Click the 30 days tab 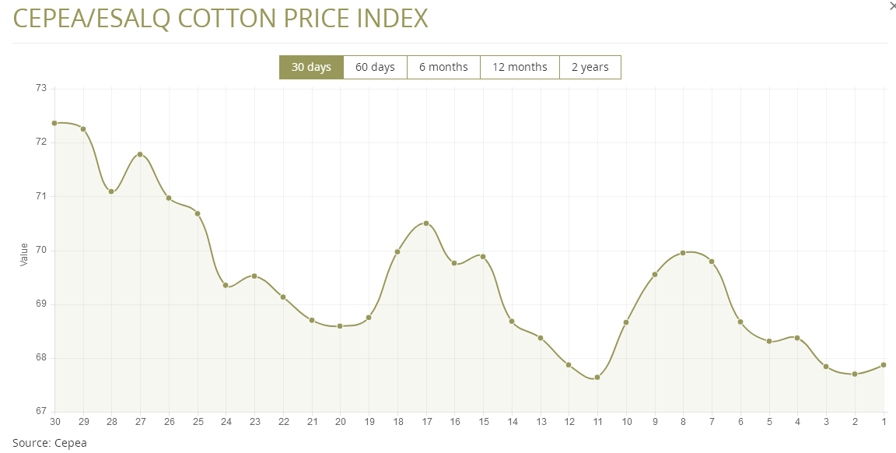click(311, 67)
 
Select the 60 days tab click(375, 67)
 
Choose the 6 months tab click(443, 67)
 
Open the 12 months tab click(520, 67)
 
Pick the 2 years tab click(590, 67)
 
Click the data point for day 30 click(54, 123)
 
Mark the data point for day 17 click(426, 223)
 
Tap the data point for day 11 click(597, 377)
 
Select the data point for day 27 click(140, 154)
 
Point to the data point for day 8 click(683, 253)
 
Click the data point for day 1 click(884, 364)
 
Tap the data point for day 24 click(226, 285)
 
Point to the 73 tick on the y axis click(41, 89)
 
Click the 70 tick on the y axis click(41, 251)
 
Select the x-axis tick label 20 click(340, 422)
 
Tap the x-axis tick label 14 click(512, 422)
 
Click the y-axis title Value click(23, 254)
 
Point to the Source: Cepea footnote click(50, 443)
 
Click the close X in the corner click(891, 5)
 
